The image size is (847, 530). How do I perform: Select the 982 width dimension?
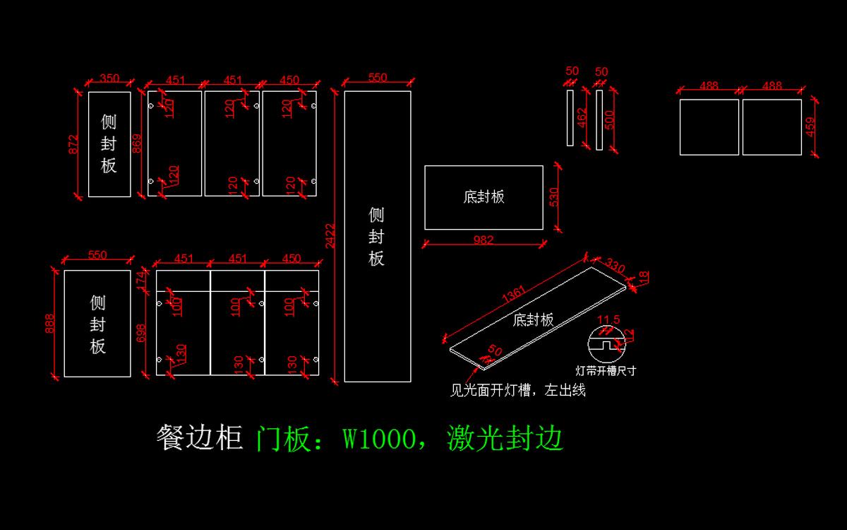483,240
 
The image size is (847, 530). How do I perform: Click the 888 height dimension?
50,323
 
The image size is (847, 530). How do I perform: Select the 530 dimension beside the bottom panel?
553,198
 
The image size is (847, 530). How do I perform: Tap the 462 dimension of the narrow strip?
582,118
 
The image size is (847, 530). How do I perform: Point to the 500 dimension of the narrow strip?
609,120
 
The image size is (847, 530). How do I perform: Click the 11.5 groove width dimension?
608,319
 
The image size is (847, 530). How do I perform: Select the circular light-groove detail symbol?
606,346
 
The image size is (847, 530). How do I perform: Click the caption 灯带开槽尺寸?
606,370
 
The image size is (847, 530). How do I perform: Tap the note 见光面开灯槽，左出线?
517,390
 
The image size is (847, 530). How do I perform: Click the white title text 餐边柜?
200,438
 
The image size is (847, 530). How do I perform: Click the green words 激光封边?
505,439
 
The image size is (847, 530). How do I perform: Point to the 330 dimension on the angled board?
615,267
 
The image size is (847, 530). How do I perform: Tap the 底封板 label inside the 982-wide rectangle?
483,197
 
